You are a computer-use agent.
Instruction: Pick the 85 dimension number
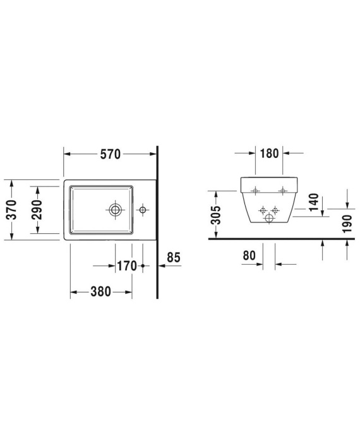[174, 258]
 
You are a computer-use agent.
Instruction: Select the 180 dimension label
[269, 154]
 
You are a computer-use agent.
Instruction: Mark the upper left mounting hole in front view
[255, 191]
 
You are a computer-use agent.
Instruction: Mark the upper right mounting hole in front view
[282, 191]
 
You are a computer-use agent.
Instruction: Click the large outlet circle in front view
[269, 218]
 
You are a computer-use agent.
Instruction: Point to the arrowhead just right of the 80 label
[278, 265]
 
